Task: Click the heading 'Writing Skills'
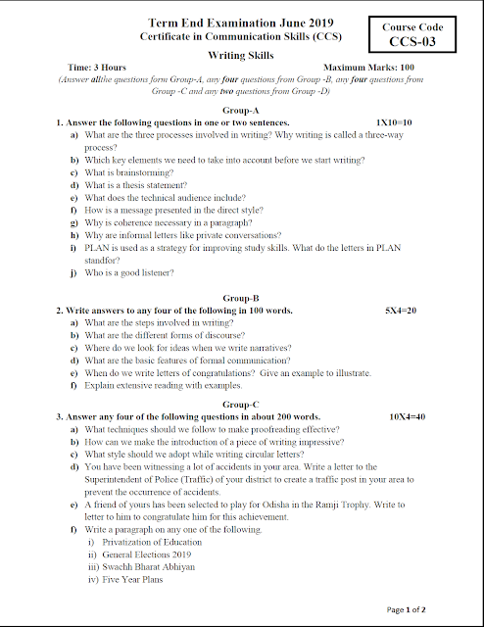241,56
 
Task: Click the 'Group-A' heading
241,112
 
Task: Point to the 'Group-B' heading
241,297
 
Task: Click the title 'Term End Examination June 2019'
241,23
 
